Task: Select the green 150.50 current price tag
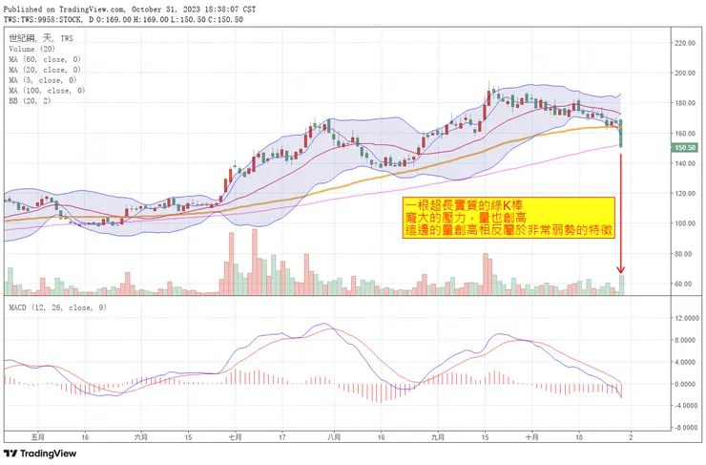tap(686, 148)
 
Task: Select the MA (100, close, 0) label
tap(47, 91)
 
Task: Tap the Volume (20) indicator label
tap(33, 49)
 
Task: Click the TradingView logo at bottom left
tap(43, 454)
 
